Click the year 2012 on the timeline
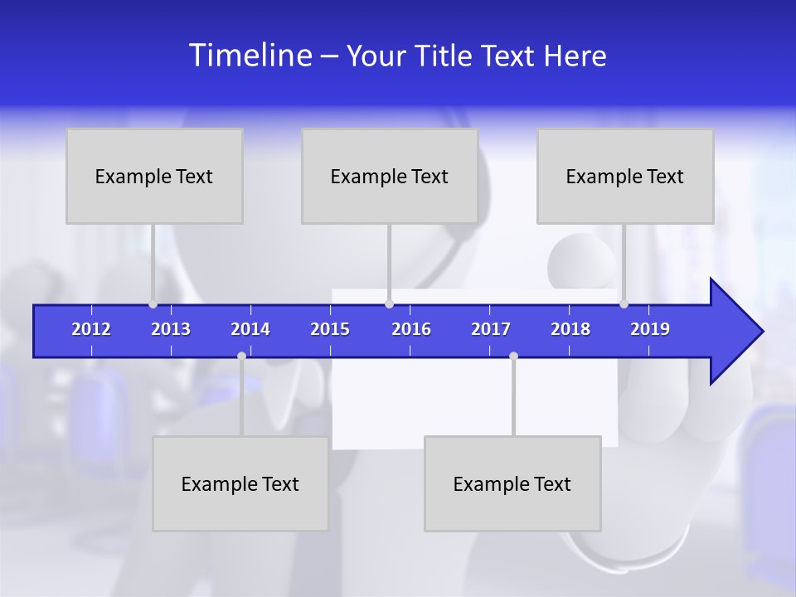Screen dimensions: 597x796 tap(91, 329)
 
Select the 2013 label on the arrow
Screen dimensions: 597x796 tap(171, 329)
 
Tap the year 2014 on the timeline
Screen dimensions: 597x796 tap(250, 329)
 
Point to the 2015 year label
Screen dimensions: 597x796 tap(330, 329)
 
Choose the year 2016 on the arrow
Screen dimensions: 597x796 tap(411, 329)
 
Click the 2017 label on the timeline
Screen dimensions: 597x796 tap(491, 329)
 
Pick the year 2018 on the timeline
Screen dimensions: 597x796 tap(570, 329)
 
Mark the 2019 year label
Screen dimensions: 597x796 tap(650, 329)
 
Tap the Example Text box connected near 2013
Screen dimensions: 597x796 tap(154, 176)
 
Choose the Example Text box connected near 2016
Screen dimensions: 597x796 tap(390, 176)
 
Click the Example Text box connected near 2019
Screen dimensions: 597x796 tap(625, 176)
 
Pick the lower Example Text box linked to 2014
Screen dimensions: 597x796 tap(240, 483)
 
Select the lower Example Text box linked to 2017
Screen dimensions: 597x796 tap(512, 483)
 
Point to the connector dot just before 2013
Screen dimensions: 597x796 tap(153, 303)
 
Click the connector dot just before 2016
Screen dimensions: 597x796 tap(389, 303)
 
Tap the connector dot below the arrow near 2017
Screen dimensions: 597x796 tap(513, 356)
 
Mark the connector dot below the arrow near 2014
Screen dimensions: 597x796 tap(241, 356)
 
